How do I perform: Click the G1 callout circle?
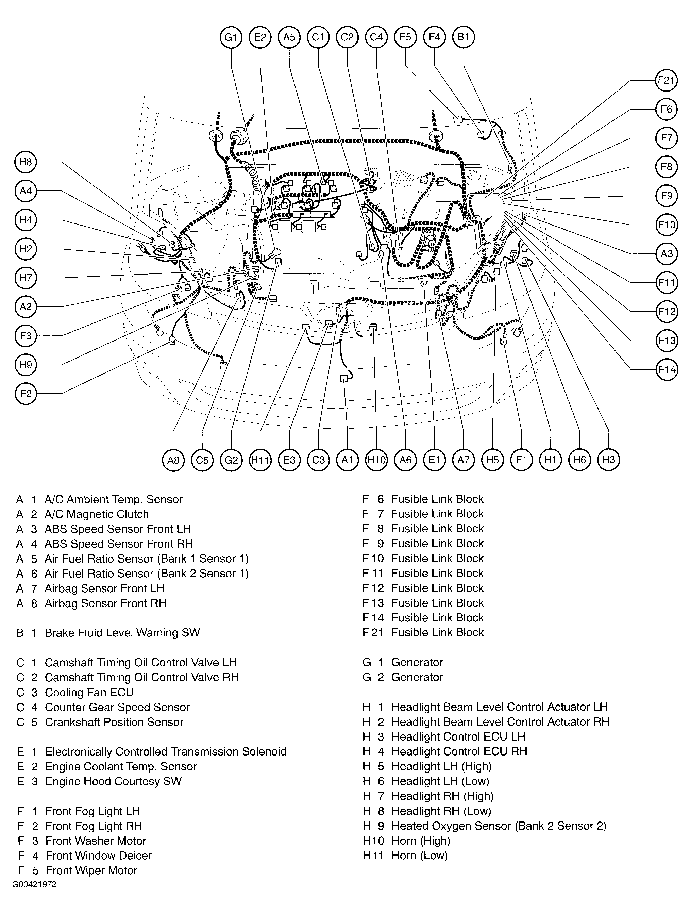tap(231, 37)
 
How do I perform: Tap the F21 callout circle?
tap(666, 80)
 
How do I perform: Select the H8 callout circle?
tap(26, 162)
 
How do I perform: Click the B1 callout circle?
tap(463, 37)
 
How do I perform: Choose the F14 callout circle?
tap(666, 369)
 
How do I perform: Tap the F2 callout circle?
tap(26, 393)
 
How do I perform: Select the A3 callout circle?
tap(666, 253)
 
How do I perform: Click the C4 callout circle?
tap(376, 37)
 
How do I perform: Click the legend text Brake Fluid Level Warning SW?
tap(122, 633)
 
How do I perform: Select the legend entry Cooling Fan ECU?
tap(89, 692)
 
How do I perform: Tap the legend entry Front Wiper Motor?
tap(91, 870)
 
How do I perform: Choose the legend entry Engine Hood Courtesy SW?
tap(113, 781)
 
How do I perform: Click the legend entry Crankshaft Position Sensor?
tap(114, 722)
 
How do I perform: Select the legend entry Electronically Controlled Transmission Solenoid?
tap(165, 752)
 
